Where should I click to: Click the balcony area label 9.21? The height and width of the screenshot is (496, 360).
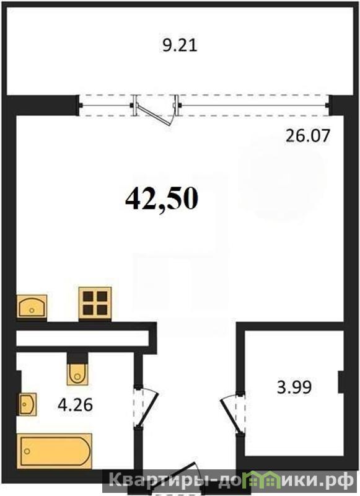click(180, 45)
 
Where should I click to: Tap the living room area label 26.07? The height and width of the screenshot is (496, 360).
click(307, 136)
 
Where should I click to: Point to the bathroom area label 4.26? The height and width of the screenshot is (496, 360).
click(75, 405)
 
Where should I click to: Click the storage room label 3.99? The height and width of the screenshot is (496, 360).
click(294, 387)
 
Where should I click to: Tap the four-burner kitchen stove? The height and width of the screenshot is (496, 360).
click(95, 304)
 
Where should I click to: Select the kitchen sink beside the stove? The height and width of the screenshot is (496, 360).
click(31, 306)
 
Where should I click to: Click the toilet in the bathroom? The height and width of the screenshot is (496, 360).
click(77, 374)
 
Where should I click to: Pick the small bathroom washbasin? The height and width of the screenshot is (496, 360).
click(28, 404)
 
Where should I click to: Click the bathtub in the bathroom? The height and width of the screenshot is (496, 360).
click(56, 451)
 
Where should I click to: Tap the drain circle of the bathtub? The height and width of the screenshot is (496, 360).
click(27, 451)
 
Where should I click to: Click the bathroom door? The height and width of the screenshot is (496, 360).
click(147, 407)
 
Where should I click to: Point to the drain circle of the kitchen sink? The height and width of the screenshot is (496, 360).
click(31, 310)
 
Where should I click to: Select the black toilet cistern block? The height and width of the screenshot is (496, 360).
click(77, 358)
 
